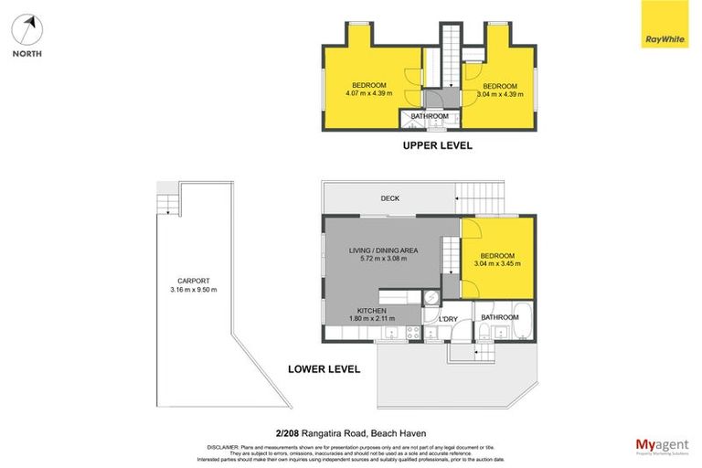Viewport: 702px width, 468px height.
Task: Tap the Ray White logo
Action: click(664, 25)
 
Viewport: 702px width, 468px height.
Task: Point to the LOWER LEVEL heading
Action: click(323, 369)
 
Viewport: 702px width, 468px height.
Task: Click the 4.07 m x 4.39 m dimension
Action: click(368, 93)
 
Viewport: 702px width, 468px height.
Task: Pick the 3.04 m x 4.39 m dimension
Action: click(499, 93)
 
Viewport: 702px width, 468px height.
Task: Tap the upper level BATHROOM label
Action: click(429, 117)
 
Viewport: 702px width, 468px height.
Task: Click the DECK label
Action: click(389, 198)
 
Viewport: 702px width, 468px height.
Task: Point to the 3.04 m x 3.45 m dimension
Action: click(497, 264)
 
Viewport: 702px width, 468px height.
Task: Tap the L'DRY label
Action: click(449, 318)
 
